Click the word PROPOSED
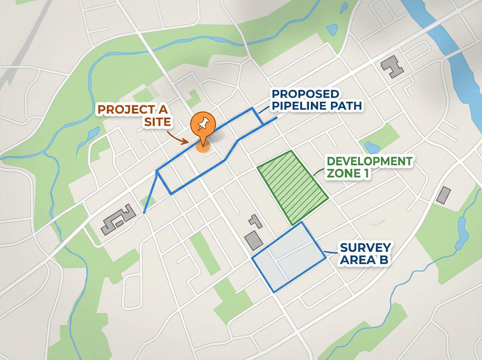pyautogui.click(x=305, y=94)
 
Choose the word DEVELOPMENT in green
pyautogui.click(x=369, y=162)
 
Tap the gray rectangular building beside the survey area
pyautogui.click(x=254, y=239)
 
